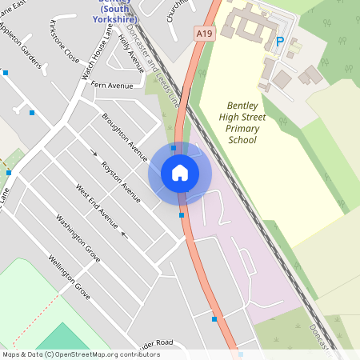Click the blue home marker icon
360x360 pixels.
tap(180, 172)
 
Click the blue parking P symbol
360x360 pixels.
tap(279, 41)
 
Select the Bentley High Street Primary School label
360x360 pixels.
tap(242, 122)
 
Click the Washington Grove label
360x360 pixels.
tap(78, 237)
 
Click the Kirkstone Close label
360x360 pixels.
tap(64, 42)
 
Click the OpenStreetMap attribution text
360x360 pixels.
tap(81, 354)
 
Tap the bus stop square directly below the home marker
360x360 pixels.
tap(182, 214)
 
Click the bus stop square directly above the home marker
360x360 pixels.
tap(174, 147)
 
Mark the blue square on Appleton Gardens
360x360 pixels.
tap(6, 73)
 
